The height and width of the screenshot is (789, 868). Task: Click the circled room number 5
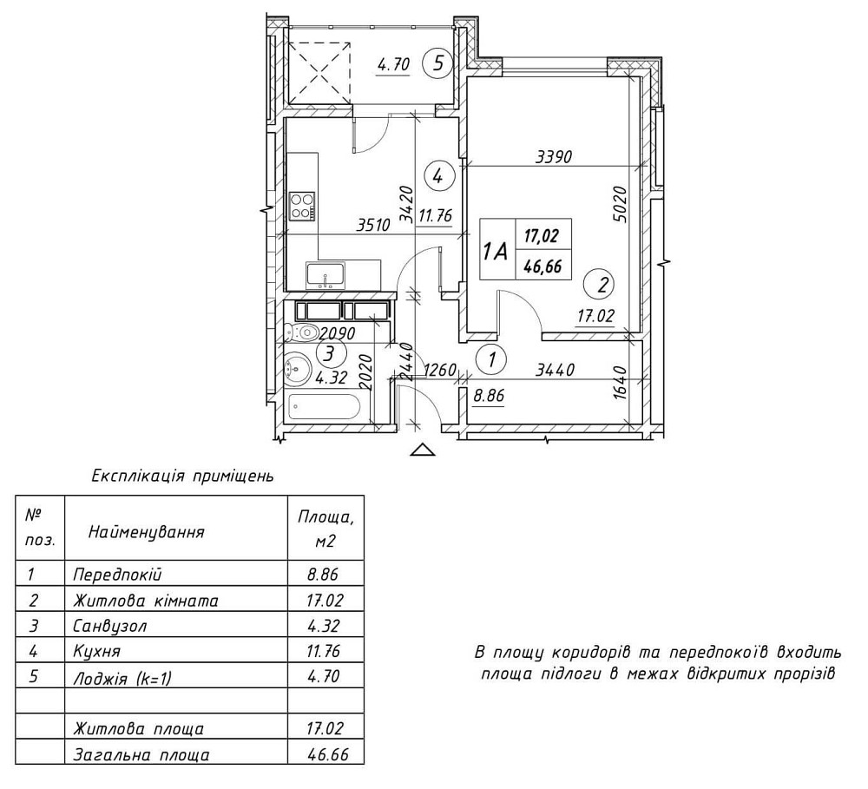click(438, 62)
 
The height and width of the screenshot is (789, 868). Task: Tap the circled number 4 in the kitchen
click(438, 176)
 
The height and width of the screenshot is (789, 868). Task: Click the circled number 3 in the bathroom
click(328, 353)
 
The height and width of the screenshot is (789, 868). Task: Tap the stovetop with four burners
click(302, 206)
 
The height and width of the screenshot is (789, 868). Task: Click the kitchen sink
click(325, 275)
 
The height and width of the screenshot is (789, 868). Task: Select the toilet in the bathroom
click(301, 332)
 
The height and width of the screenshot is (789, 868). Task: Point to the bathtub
click(324, 406)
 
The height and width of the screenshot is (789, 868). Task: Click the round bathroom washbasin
click(298, 368)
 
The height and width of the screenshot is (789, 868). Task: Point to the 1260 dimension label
click(439, 371)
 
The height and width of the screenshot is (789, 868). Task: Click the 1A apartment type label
click(496, 251)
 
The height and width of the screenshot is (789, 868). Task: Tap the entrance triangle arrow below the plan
click(422, 449)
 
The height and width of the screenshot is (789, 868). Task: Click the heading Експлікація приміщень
click(182, 476)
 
